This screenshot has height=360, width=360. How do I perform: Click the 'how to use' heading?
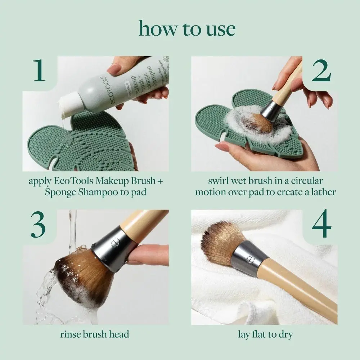(187, 28)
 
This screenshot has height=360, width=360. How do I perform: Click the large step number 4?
(321, 225)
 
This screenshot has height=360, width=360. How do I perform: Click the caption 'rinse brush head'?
(95, 334)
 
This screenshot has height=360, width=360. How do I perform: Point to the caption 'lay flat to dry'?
(265, 334)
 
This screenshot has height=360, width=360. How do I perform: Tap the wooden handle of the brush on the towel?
(299, 288)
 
